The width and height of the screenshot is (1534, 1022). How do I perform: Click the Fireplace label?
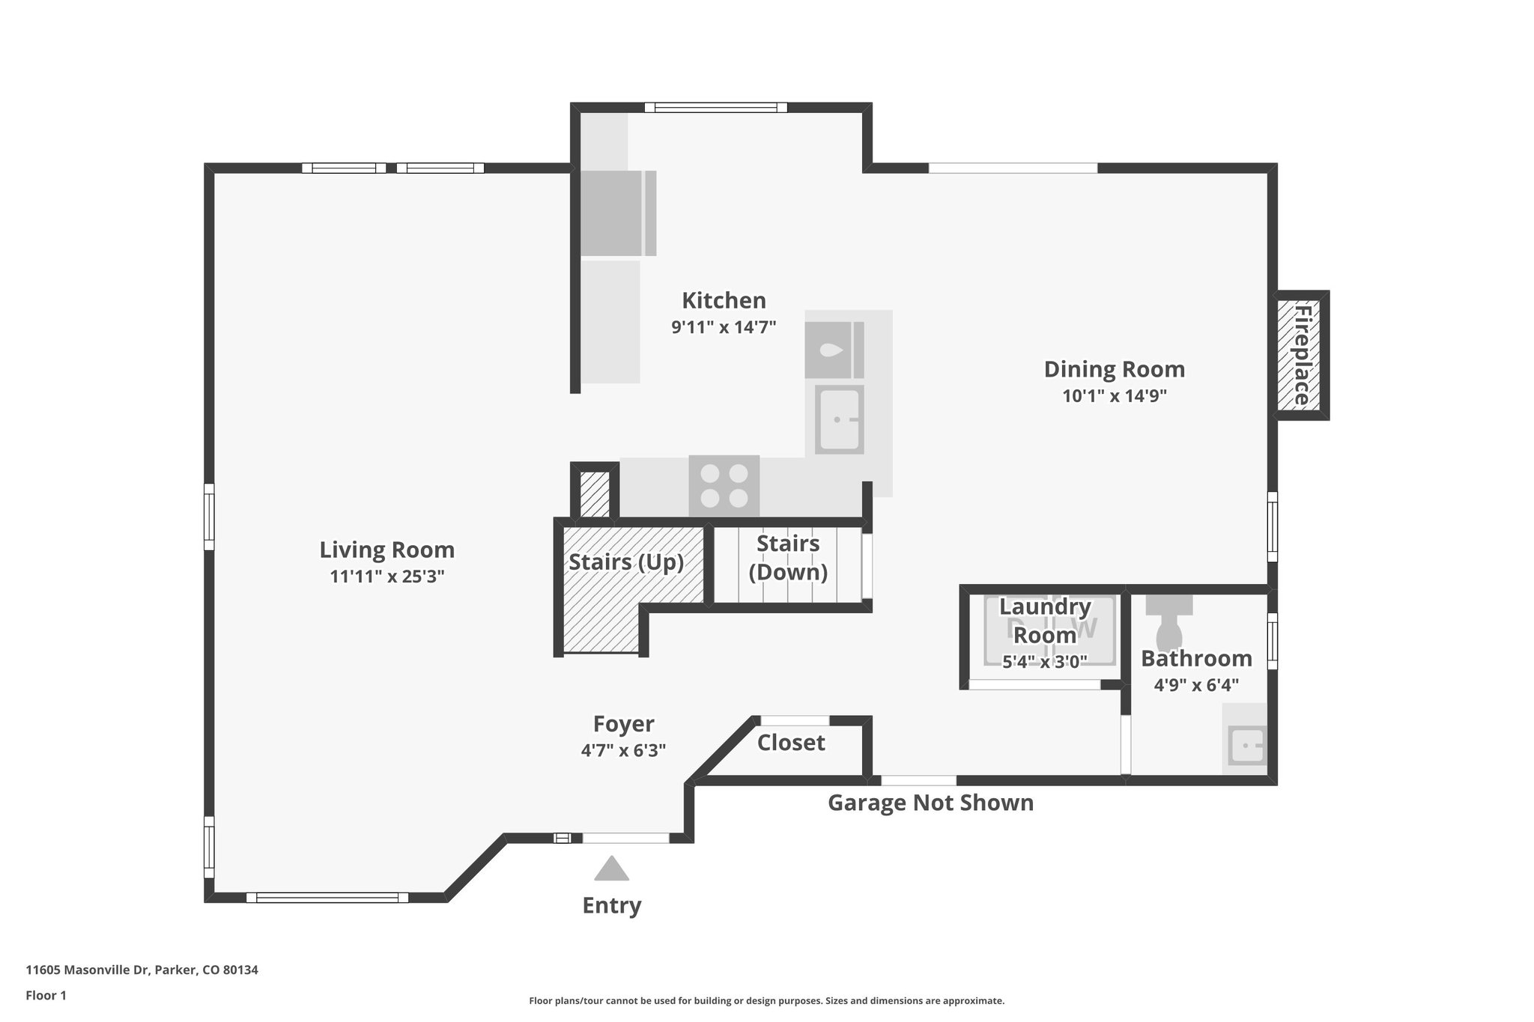(1302, 355)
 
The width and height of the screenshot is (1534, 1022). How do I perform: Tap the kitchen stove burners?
(724, 485)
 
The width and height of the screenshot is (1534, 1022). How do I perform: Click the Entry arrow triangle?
(612, 869)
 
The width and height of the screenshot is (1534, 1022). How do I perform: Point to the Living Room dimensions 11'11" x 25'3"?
(387, 577)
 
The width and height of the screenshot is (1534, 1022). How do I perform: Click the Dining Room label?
(1115, 369)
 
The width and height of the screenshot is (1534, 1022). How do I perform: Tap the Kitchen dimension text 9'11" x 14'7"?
(724, 326)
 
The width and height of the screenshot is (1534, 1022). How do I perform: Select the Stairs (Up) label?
(626, 562)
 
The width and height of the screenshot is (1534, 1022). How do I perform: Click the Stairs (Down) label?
(788, 558)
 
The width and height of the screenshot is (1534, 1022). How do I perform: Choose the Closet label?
(791, 743)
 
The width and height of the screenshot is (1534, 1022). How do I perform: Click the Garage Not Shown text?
(930, 803)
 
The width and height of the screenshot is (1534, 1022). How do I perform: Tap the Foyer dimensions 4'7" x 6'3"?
(623, 750)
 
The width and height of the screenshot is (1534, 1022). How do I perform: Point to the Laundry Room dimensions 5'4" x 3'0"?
(1045, 661)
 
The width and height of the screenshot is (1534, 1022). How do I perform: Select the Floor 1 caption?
(46, 995)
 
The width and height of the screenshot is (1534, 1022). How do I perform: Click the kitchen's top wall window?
(716, 108)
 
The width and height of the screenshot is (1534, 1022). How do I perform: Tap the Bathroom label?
(1196, 658)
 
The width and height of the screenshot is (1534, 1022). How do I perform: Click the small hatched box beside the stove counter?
(595, 493)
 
